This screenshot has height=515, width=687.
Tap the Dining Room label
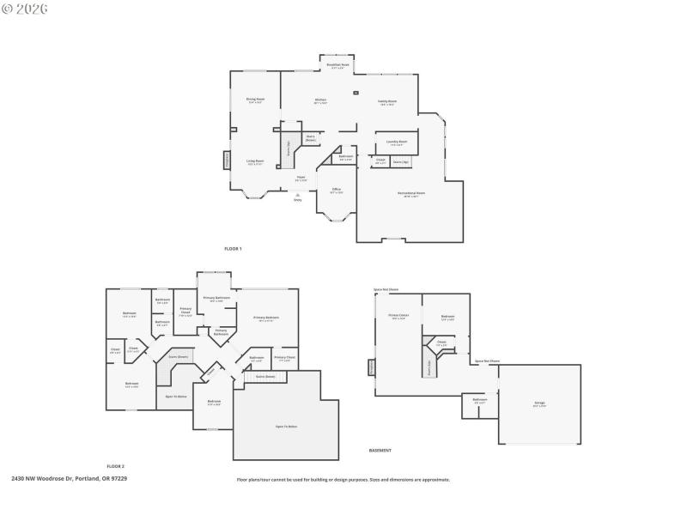[x=255, y=100]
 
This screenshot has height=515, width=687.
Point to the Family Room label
[x=387, y=102]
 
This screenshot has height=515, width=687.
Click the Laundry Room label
[x=396, y=142]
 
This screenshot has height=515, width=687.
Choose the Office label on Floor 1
[x=337, y=191]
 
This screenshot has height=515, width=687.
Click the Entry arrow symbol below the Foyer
[x=298, y=196]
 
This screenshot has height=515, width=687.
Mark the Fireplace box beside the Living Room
[x=227, y=161]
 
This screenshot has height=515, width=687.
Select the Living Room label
[x=255, y=161]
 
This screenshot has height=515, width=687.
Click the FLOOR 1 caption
[x=233, y=249]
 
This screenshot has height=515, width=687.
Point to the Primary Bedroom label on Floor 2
[x=266, y=318]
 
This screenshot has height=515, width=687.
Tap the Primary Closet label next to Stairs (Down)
[x=285, y=357]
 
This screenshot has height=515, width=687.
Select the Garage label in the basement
[x=539, y=403]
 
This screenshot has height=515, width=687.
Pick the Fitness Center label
[x=398, y=317]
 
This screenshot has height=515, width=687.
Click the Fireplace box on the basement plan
[x=372, y=367]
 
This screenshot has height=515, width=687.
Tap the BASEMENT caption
[x=380, y=451]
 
